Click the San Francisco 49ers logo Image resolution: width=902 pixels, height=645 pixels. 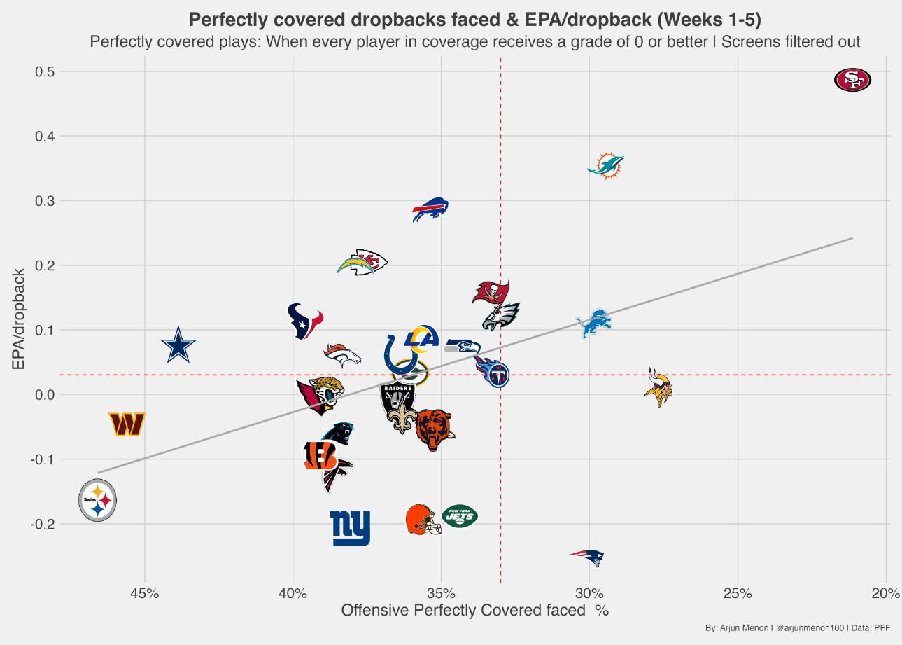(852, 81)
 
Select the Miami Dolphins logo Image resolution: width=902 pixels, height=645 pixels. (606, 166)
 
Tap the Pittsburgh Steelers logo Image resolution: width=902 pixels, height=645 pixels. (97, 500)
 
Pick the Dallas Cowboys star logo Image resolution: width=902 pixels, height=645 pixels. (178, 345)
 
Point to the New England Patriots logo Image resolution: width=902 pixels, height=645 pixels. (588, 557)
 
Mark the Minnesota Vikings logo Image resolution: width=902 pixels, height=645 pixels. (658, 387)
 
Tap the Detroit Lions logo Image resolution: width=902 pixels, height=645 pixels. (594, 323)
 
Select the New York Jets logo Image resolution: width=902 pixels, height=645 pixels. (460, 517)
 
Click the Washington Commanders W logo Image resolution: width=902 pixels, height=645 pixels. (127, 424)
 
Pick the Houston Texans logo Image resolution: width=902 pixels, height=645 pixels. (305, 321)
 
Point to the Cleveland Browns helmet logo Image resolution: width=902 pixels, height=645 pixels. (424, 519)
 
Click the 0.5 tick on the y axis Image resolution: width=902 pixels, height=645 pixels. (46, 71)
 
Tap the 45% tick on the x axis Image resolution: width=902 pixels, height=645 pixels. (145, 594)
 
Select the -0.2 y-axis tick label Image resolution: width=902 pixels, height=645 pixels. (45, 524)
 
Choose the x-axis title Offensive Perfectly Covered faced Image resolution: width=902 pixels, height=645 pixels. (474, 611)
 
